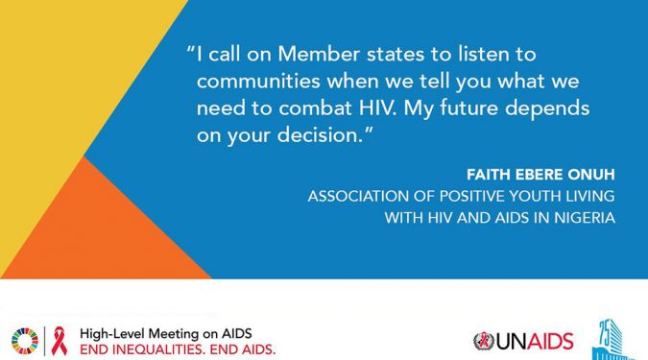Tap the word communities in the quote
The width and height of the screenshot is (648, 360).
point(258,81)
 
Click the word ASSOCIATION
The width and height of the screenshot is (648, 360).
point(358,197)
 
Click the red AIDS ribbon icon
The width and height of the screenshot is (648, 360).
point(60,341)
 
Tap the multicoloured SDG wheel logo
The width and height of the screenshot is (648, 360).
point(25,341)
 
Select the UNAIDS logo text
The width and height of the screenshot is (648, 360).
point(535,342)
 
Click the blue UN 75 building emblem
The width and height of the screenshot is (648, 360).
point(612,341)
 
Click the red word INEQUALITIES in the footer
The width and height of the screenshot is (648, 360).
point(156,350)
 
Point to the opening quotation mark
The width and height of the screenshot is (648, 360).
point(190,50)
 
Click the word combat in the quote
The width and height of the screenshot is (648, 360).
point(315,108)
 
